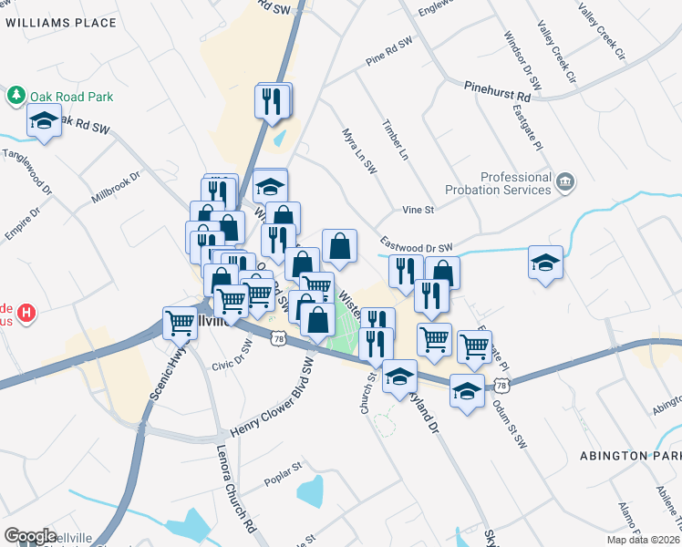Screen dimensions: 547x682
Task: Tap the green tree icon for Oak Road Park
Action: coord(16,95)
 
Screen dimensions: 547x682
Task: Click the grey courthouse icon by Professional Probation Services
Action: coord(566,183)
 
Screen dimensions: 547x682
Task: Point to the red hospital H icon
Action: coord(27,313)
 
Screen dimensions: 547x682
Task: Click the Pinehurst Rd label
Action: coord(497,93)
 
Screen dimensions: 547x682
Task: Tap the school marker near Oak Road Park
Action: coord(44,121)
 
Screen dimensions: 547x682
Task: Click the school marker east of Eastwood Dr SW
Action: coord(545,263)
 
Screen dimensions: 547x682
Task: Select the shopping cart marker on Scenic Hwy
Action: coord(180,323)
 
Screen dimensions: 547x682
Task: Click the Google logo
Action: coord(30,536)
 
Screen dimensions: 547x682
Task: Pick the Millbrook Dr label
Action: coord(116,188)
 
